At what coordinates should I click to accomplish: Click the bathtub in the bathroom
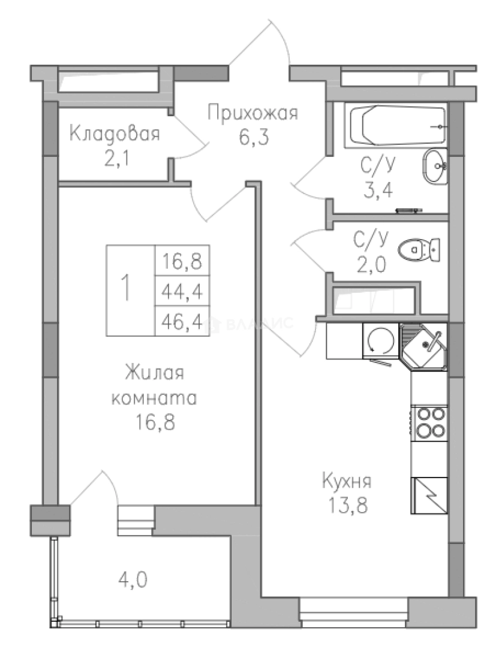pos(396,126)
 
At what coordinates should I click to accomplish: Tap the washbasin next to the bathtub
pos(434,167)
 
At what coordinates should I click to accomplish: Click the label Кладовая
pos(115,133)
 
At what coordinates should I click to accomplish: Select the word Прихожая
pos(252,113)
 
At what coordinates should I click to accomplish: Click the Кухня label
pos(347,480)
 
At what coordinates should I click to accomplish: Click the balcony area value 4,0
pos(133,579)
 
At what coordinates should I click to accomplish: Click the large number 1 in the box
pos(127,289)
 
